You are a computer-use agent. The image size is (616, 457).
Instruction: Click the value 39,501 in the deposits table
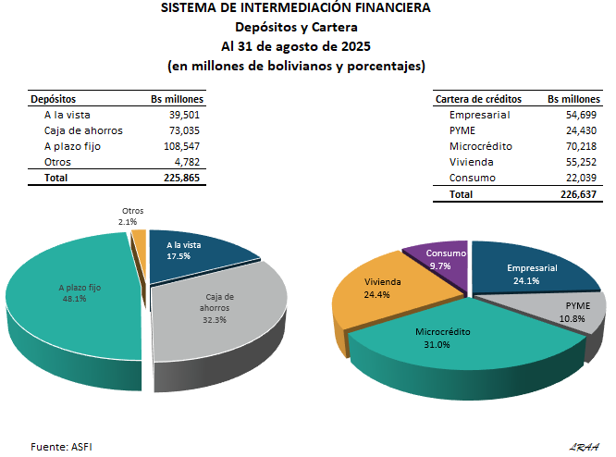click(x=183, y=115)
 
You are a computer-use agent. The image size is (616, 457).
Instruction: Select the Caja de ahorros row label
click(x=83, y=130)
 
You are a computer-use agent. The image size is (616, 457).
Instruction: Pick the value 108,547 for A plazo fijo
click(x=180, y=146)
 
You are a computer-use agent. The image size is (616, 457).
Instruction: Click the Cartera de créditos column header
click(x=478, y=99)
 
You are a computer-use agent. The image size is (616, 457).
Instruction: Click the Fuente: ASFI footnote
click(x=61, y=446)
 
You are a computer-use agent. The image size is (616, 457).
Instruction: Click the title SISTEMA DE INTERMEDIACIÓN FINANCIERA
click(x=295, y=8)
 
